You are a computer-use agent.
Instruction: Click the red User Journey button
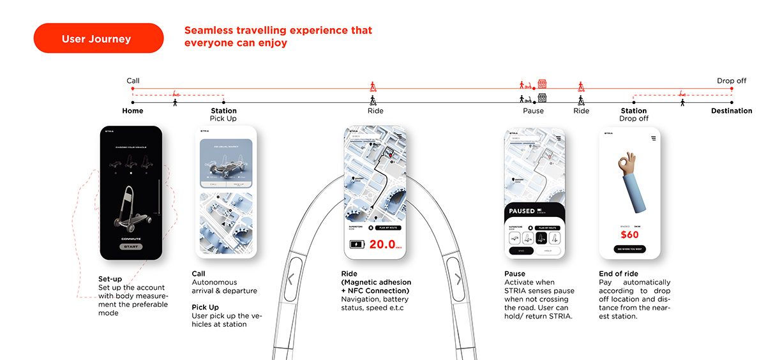(x=98, y=39)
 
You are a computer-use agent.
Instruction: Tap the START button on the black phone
(x=131, y=246)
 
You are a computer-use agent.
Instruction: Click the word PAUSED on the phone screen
(x=522, y=211)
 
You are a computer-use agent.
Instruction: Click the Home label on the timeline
(x=133, y=111)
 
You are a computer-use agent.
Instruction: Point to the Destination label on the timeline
(x=732, y=111)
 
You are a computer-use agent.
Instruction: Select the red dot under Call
(x=133, y=89)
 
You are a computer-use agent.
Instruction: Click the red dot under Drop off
(x=732, y=89)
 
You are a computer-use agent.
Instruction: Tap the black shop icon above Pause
(x=542, y=98)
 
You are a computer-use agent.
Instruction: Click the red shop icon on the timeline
(x=542, y=84)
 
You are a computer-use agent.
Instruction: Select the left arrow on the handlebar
(x=291, y=279)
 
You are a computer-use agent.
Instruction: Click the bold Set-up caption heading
(x=110, y=279)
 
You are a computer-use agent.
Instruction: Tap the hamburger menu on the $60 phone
(x=653, y=138)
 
